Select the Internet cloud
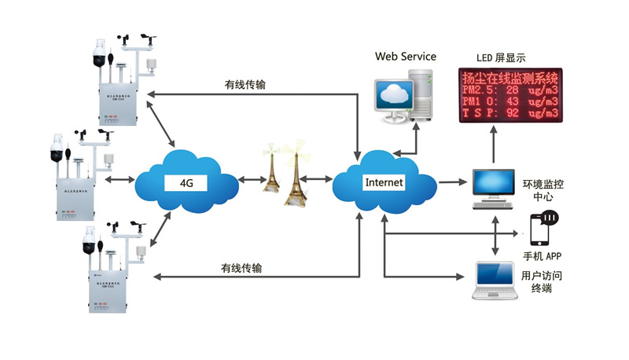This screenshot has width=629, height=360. [383, 182]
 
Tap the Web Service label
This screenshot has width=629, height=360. [405, 57]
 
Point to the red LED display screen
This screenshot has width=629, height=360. [510, 95]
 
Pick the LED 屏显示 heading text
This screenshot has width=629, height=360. [500, 58]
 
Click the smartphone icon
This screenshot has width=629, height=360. [542, 230]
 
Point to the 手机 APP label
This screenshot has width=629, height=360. [543, 256]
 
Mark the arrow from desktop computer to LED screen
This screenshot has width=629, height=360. [494, 146]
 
